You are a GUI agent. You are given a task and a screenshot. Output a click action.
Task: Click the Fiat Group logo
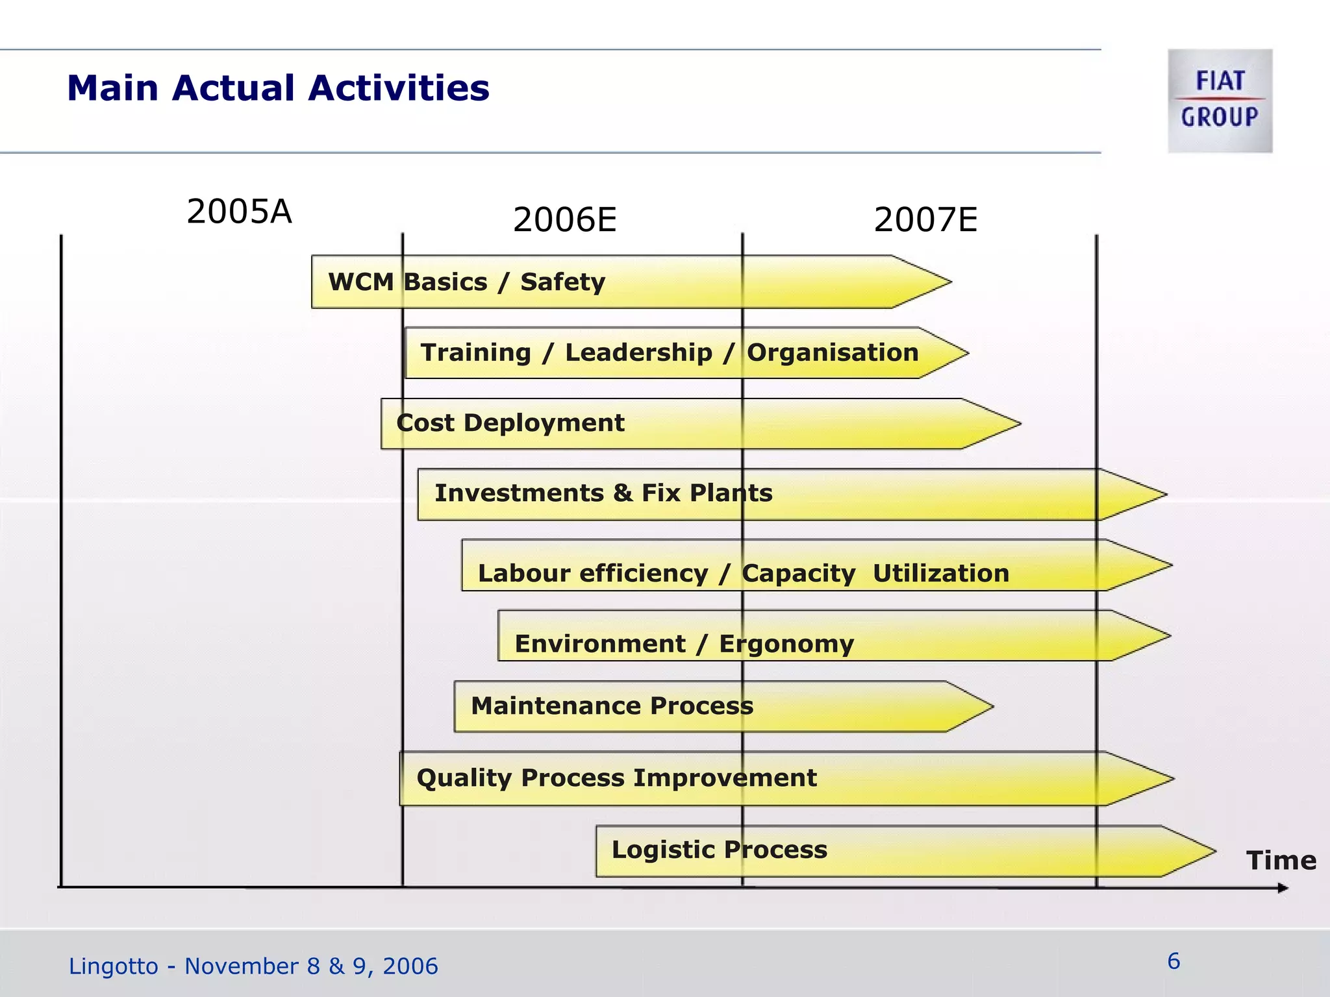(1220, 101)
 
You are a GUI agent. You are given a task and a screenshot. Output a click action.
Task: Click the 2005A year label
(239, 212)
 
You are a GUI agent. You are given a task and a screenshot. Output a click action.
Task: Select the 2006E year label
(564, 219)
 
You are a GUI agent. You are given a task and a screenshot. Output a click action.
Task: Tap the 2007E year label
(925, 219)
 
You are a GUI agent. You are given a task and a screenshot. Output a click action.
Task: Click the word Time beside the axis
(1281, 861)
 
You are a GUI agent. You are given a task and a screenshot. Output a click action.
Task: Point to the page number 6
(1173, 961)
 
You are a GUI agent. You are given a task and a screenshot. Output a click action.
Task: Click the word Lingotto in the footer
(113, 966)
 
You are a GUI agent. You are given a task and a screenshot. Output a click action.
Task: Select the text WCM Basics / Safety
(466, 282)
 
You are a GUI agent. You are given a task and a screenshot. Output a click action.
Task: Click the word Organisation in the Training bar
(833, 352)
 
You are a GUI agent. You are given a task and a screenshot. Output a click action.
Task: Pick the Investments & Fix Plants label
(603, 493)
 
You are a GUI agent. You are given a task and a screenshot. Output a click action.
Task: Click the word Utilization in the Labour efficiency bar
(941, 573)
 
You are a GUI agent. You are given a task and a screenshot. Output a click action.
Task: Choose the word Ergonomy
(786, 644)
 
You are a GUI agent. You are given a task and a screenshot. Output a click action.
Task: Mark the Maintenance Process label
(612, 706)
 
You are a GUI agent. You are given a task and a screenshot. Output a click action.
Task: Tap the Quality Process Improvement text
(616, 778)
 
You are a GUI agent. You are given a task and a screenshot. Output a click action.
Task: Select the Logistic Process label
(720, 850)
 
